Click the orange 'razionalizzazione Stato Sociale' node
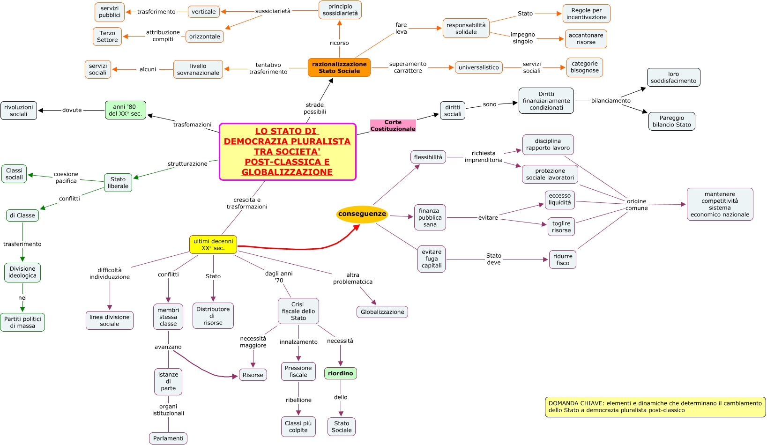coord(339,67)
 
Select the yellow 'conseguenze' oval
coord(362,214)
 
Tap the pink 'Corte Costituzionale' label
coord(393,126)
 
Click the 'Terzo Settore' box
coord(107,37)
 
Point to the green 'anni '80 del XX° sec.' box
coord(125,110)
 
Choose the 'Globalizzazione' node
coord(382,312)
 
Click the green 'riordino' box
coord(341,373)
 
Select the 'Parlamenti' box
coord(168,438)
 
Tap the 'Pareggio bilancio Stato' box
coord(671,121)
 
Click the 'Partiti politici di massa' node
coord(22,322)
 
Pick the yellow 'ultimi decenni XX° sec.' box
coord(213,245)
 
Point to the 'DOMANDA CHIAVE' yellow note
coord(655,407)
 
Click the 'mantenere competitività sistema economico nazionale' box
coord(720,204)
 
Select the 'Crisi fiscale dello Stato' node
coord(298,311)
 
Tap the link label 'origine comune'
coord(636,205)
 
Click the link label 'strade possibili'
coord(315,108)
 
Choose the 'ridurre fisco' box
coord(563,260)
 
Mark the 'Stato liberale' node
coord(118,183)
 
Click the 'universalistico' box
coord(479,67)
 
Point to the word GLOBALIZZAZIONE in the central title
coord(287,172)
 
